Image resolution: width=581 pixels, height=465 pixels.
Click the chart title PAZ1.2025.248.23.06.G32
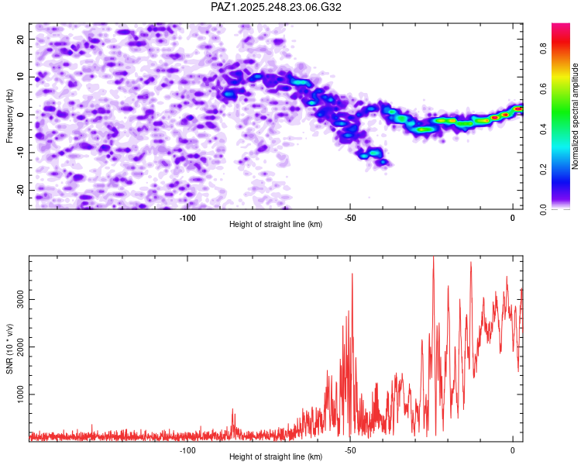point(277,7)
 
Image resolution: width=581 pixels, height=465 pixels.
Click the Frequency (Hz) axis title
point(9,115)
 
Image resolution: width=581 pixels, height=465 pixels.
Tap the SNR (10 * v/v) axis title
point(9,348)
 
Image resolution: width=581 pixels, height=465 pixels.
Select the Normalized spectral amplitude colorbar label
point(576,116)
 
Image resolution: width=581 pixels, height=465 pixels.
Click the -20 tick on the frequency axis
point(19,191)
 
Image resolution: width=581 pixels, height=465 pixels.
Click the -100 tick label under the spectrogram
point(187,218)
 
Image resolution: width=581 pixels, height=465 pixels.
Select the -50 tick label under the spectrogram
point(350,218)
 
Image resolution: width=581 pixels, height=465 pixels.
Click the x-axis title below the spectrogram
point(276,225)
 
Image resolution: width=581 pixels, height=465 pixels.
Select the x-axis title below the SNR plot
point(276,457)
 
